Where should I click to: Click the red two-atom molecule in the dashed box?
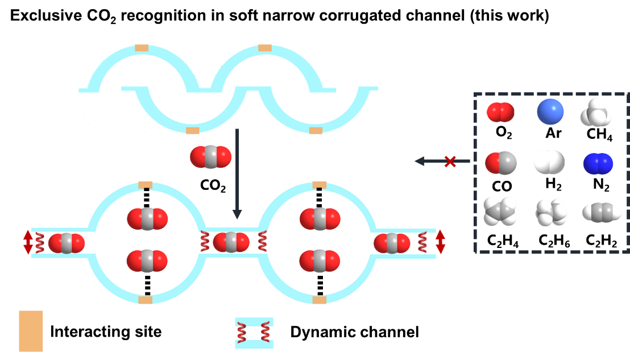coord(500,113)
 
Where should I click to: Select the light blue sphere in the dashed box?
coord(550,111)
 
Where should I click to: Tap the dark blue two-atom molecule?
coord(598,164)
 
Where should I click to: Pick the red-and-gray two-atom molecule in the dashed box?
coord(501,164)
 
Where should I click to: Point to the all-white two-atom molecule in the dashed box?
coord(548,163)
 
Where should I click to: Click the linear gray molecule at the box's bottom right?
coord(601,213)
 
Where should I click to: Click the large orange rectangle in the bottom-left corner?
coord(31,331)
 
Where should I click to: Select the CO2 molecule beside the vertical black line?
coord(211,156)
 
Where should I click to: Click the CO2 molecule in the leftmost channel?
coord(67,243)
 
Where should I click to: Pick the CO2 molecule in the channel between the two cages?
coord(231,243)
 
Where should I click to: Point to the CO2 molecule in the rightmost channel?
coord(392,243)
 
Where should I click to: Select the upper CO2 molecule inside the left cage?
coord(147,219)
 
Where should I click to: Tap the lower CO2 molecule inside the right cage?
coord(320,260)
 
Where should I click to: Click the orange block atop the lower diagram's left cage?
coord(146,185)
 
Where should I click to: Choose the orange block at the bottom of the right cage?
coord(320,300)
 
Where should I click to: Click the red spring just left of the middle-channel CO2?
coord(205,243)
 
